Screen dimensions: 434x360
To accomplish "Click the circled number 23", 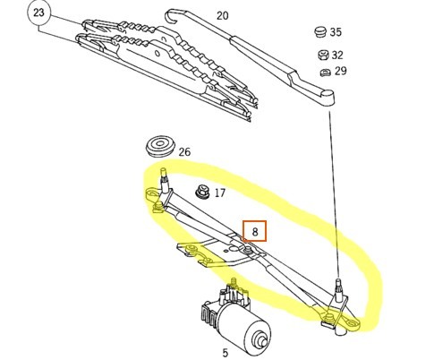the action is pyautogui.click(x=38, y=13).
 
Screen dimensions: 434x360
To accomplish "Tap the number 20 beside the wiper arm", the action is pyautogui.click(x=222, y=15).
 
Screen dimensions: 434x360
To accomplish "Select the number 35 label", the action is pyautogui.click(x=336, y=32).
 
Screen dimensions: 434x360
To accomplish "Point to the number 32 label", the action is pyautogui.click(x=337, y=55).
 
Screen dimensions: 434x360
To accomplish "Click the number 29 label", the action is pyautogui.click(x=340, y=71).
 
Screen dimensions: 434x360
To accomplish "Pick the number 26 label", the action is pyautogui.click(x=184, y=152).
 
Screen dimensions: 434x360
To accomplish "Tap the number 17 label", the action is pyautogui.click(x=220, y=193).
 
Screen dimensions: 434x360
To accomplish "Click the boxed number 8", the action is pyautogui.click(x=254, y=231).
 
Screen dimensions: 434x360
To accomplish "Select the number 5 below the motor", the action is pyautogui.click(x=226, y=353).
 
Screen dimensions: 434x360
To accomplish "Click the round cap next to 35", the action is pyautogui.click(x=320, y=31).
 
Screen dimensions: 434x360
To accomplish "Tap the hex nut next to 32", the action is pyautogui.click(x=323, y=55).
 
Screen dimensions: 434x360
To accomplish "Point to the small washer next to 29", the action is pyautogui.click(x=325, y=73).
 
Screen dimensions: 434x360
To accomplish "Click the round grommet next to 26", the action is pyautogui.click(x=159, y=145).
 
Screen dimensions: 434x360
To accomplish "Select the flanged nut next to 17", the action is pyautogui.click(x=202, y=191).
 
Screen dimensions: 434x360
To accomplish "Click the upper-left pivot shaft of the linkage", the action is pyautogui.click(x=164, y=179).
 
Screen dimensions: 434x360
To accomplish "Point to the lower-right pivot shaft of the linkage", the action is pyautogui.click(x=338, y=290).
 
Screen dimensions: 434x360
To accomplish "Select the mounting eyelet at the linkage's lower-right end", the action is pyautogui.click(x=353, y=324).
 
